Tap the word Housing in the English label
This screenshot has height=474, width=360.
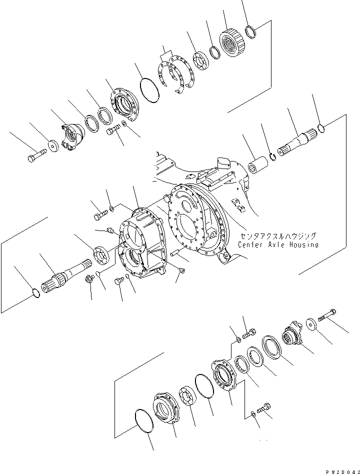(x=303, y=244)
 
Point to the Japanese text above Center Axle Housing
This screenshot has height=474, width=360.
(x=278, y=235)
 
